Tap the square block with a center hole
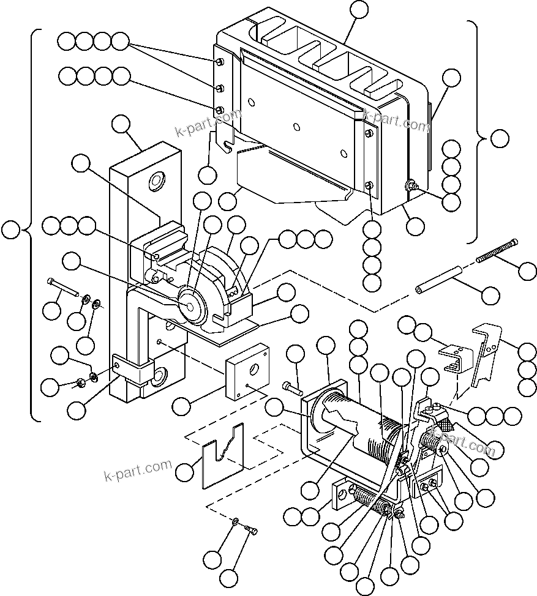pyautogui.click(x=247, y=371)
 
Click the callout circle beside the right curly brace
pyautogui.click(x=500, y=138)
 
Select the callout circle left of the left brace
pyautogui.click(x=10, y=230)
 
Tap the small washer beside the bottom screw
pyautogui.click(x=236, y=521)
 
